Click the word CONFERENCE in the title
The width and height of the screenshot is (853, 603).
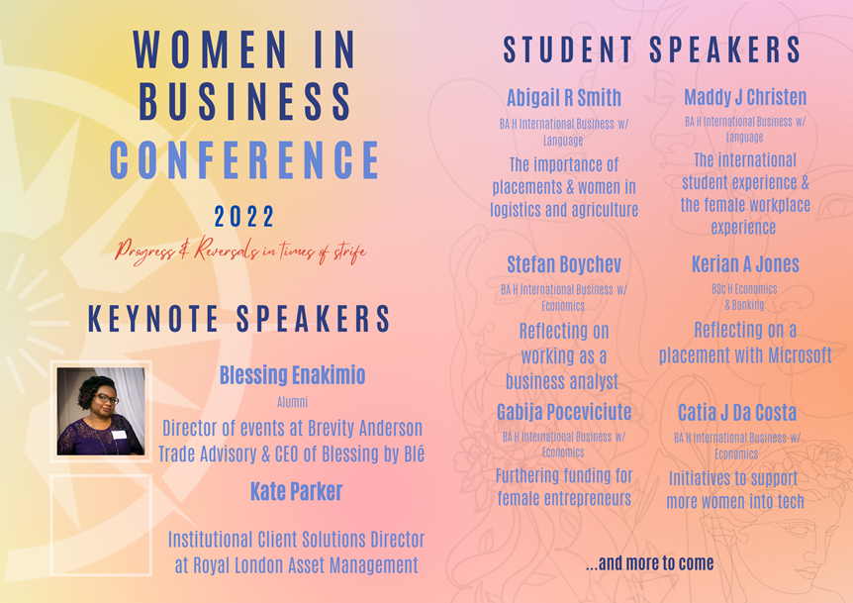tap(244, 160)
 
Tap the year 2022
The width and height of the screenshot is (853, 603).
tap(244, 217)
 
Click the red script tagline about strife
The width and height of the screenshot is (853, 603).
tap(240, 251)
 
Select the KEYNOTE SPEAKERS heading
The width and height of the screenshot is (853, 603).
tap(238, 319)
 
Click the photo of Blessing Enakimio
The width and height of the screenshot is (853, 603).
tap(101, 412)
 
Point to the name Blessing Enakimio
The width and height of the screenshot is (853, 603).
tap(292, 375)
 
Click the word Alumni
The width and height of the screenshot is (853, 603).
tap(292, 402)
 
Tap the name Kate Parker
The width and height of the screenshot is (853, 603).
tap(296, 491)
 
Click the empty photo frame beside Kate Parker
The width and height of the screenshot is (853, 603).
tap(51, 525)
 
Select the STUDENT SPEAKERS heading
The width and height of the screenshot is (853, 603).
tap(652, 50)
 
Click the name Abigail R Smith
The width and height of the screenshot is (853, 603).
tap(564, 98)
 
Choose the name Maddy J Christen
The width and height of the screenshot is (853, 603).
tap(745, 97)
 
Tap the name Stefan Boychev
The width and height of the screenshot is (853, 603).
tap(564, 264)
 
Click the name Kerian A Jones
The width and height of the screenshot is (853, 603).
tap(745, 264)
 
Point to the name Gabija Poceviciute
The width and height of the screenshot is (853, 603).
tap(564, 412)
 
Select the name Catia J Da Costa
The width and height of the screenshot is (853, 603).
tap(737, 413)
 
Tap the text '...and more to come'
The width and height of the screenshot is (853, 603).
tap(649, 563)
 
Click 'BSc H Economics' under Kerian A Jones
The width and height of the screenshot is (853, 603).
tap(744, 289)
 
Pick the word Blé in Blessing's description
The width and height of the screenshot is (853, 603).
tap(414, 452)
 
